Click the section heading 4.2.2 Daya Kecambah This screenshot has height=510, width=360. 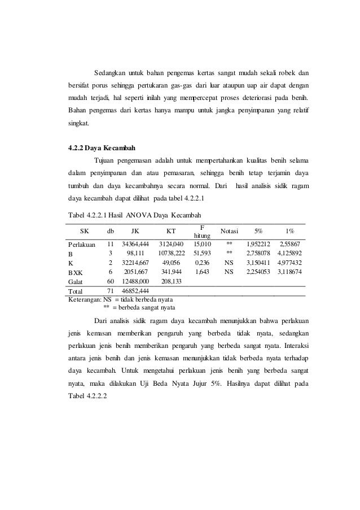[98, 149]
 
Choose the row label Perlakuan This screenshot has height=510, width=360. [82, 244]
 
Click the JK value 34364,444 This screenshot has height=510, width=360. [135, 244]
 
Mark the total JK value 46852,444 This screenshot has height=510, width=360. [135, 291]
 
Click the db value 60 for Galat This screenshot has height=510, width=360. [111, 281]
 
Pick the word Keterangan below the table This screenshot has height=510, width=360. [84, 299]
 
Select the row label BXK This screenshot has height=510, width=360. [75, 272]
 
